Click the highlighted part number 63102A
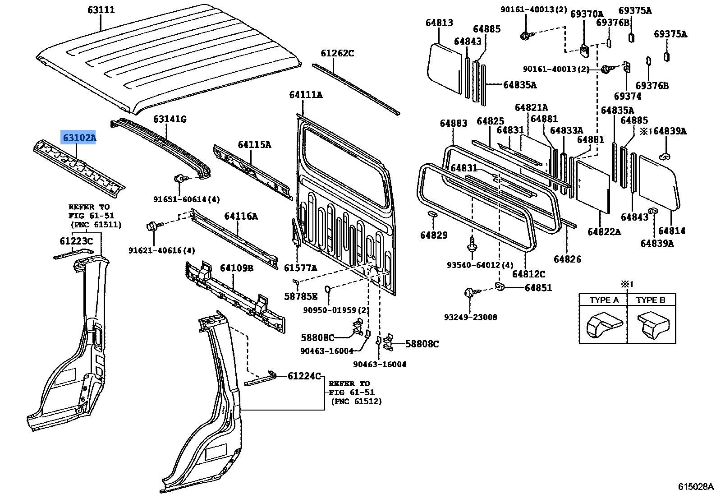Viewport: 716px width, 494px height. pos(79,138)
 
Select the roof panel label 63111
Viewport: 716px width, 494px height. pos(101,9)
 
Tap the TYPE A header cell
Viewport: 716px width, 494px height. pos(603,300)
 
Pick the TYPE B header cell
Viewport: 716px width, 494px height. pos(651,300)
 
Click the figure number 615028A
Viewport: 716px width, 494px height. pos(696,487)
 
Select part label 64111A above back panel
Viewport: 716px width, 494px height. pos(306,95)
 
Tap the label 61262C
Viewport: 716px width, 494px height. pos(337,53)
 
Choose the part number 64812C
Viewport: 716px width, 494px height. pos(528,274)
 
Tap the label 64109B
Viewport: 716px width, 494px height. pos(236,268)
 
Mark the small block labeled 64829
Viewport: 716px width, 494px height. pos(432,213)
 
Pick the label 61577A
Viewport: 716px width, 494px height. pos(300,268)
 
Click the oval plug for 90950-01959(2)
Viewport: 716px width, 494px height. pos(328,289)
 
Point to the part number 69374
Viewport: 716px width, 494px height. pos(627,96)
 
